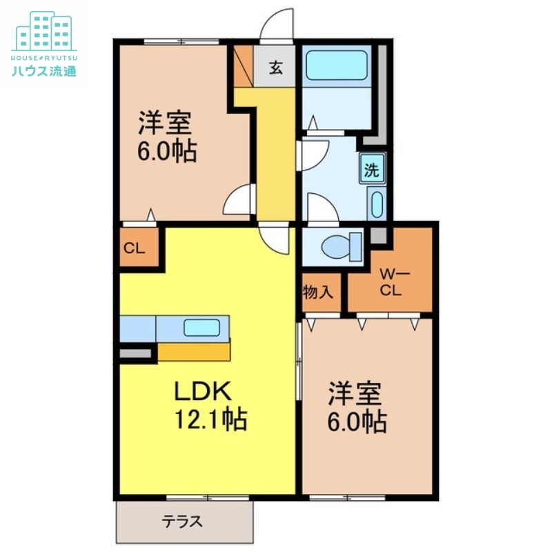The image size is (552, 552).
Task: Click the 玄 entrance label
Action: tap(275, 68)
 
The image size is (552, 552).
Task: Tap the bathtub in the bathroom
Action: tap(336, 66)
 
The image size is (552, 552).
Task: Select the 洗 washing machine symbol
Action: tap(372, 170)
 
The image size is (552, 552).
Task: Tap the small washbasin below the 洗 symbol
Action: tap(377, 205)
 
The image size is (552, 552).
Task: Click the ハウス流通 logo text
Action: tap(43, 70)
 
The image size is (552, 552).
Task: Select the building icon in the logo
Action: tap(43, 30)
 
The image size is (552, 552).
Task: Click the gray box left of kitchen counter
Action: tap(135, 354)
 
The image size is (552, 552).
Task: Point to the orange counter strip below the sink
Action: tap(195, 351)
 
